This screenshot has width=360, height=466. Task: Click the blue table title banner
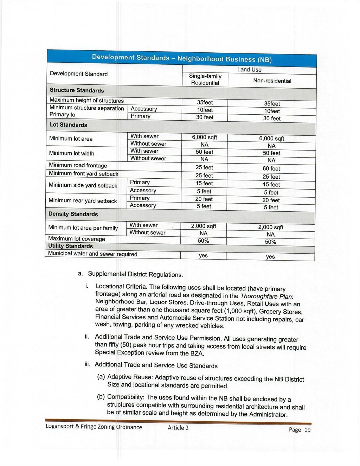tap(182, 58)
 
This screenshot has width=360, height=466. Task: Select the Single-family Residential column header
tap(205, 79)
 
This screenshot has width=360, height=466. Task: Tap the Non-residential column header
tap(272, 81)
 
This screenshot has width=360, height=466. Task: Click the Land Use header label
tap(249, 70)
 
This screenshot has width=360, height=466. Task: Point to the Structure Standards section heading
tap(77, 90)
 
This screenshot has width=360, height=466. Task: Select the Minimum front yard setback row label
tap(83, 174)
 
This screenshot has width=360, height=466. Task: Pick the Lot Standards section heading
tap(68, 125)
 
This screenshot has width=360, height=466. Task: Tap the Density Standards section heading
tap(73, 214)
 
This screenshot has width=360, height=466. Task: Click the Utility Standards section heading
tap(70, 246)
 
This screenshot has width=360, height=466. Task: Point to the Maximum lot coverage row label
tap(76, 239)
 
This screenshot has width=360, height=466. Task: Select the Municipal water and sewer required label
tap(92, 254)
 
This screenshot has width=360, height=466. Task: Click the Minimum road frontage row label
tap(78, 165)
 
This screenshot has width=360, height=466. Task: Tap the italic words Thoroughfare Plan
tap(266, 296)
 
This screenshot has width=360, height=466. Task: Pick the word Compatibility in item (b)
tap(126, 397)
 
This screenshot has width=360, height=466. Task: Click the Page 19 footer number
tap(300, 430)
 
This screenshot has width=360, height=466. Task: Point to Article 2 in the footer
tap(178, 428)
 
